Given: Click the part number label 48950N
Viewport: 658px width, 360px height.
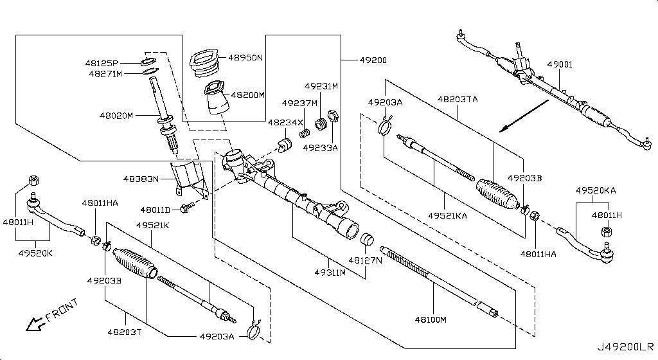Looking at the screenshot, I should tap(246, 58).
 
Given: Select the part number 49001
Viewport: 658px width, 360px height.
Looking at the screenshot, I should tap(560, 65).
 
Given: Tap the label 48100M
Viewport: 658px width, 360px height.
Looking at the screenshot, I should tap(431, 319).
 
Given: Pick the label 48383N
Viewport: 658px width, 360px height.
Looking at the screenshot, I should tap(141, 179).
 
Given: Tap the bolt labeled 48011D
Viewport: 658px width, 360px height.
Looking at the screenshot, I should tap(188, 207).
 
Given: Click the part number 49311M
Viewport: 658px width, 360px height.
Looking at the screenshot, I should tap(330, 273).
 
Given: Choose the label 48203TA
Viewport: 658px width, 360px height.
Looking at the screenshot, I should tap(458, 100).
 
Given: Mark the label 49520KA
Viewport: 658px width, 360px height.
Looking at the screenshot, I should tap(595, 191).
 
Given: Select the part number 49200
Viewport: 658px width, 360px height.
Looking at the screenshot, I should tap(373, 60).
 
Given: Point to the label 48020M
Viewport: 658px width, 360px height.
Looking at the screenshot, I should tap(116, 116).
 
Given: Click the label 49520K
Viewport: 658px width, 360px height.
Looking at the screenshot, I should tap(36, 253).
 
